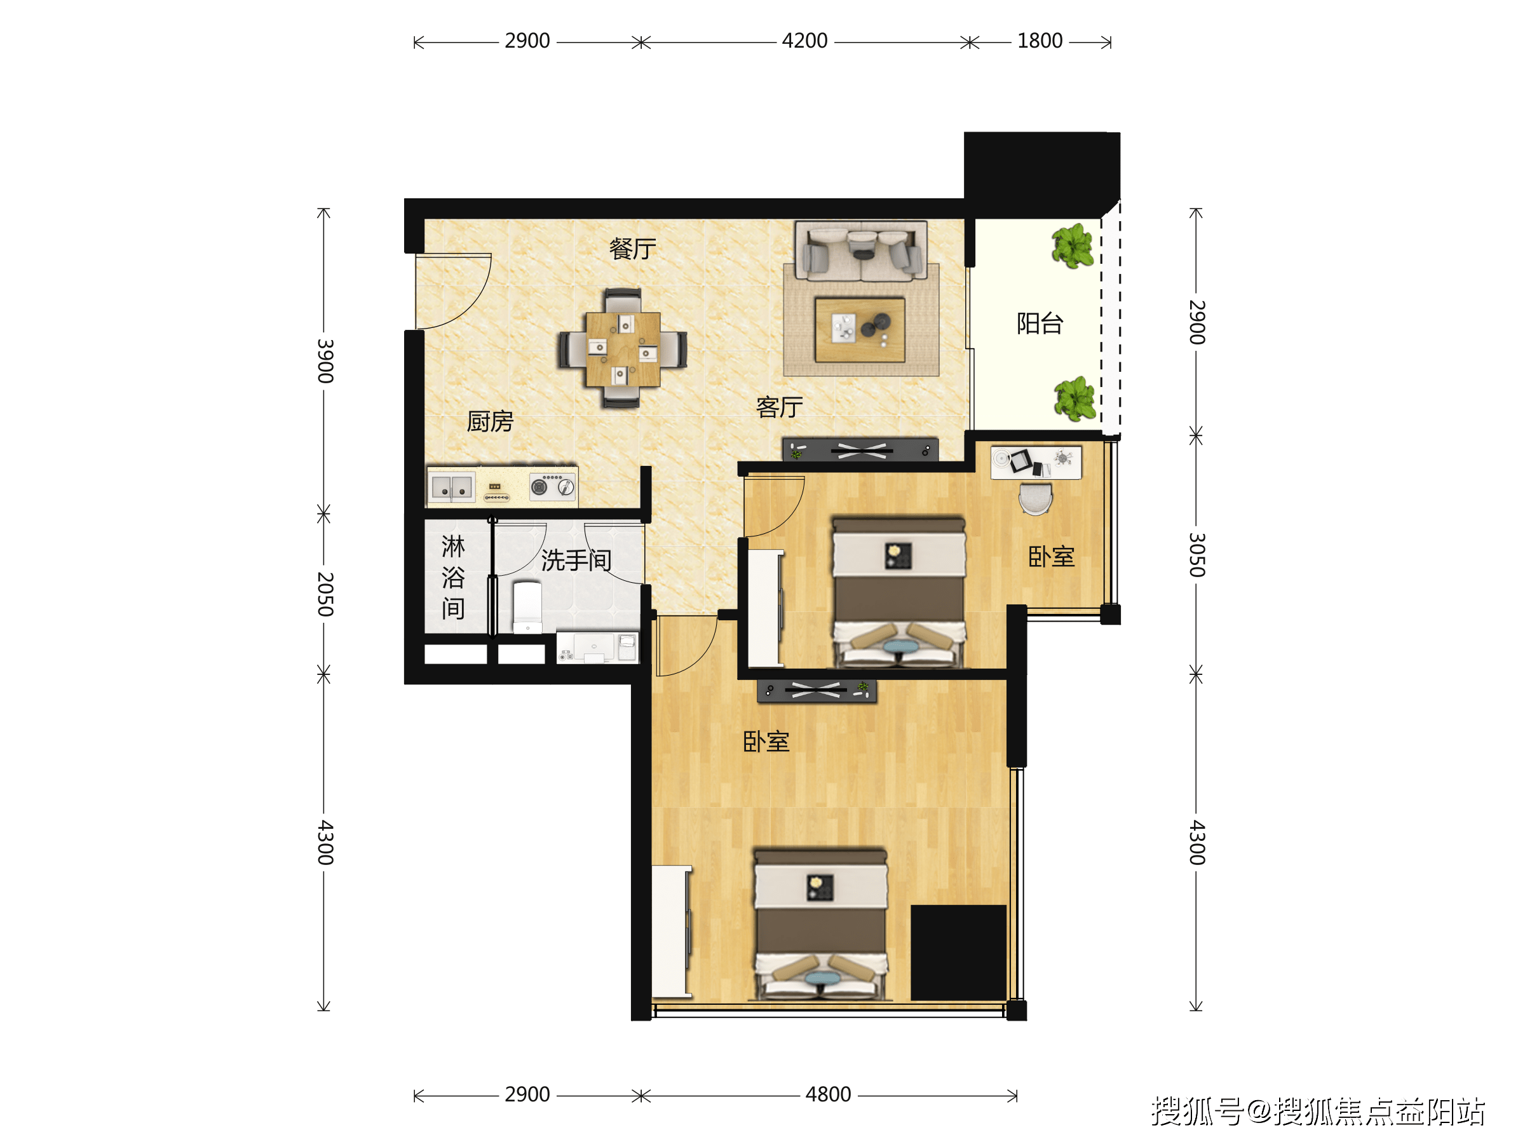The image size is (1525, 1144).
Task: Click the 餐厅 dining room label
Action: click(632, 249)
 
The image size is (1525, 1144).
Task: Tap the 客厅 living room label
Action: click(779, 407)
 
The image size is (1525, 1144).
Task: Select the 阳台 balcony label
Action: click(1040, 323)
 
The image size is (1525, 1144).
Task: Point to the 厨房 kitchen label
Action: click(490, 421)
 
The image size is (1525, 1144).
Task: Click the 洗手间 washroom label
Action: click(576, 560)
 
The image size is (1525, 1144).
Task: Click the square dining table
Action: click(623, 349)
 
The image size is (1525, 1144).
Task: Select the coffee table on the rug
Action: click(860, 330)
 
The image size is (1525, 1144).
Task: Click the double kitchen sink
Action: click(452, 487)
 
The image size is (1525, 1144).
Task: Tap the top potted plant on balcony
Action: click(1073, 246)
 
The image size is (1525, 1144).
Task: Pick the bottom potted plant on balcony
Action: click(1075, 399)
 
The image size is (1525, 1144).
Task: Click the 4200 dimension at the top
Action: click(804, 41)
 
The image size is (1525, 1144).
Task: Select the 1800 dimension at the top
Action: click(1040, 41)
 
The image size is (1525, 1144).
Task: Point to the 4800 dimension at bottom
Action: click(828, 1094)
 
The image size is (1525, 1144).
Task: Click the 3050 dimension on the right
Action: click(1197, 554)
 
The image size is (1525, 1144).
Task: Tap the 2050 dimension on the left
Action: click(325, 594)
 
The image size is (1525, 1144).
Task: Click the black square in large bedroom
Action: click(958, 952)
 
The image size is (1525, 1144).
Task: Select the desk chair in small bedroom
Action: click(1036, 498)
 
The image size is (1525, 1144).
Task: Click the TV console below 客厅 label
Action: click(860, 450)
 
